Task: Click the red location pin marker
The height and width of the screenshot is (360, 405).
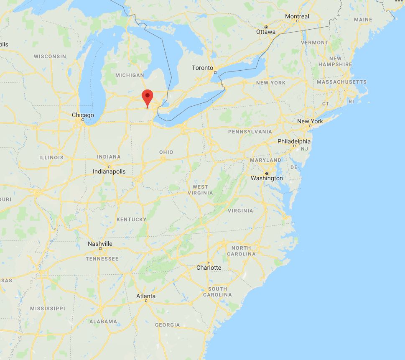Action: coord(147,97)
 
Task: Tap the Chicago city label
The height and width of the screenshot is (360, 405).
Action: coord(83,115)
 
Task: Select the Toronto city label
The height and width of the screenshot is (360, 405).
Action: coord(203,68)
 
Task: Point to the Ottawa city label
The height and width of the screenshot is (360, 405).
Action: coord(266,32)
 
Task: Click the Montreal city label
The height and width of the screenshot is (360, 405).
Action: coord(297,16)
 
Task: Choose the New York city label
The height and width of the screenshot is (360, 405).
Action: coord(310,121)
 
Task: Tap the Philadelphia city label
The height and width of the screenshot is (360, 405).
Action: coord(294,141)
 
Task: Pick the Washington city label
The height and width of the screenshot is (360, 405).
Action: coord(267,178)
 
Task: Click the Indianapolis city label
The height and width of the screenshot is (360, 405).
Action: coord(109,171)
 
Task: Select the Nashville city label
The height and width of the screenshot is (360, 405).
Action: coord(100,244)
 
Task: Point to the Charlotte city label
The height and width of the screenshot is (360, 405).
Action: coord(209,268)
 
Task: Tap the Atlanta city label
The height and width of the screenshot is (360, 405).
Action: coord(146,296)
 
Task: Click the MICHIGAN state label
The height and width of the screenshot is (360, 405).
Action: coord(130,75)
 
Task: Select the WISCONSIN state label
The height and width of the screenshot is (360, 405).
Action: coord(50,56)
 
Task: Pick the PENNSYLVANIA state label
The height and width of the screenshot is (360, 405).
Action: coord(250,132)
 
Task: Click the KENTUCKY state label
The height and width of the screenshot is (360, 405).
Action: coord(132,219)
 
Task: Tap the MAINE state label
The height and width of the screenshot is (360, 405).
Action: coord(363,20)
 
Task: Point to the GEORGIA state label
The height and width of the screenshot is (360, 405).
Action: coord(167,325)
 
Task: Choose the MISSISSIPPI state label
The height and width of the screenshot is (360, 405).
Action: coord(48,308)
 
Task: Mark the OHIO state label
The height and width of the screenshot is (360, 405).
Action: coord(166,152)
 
